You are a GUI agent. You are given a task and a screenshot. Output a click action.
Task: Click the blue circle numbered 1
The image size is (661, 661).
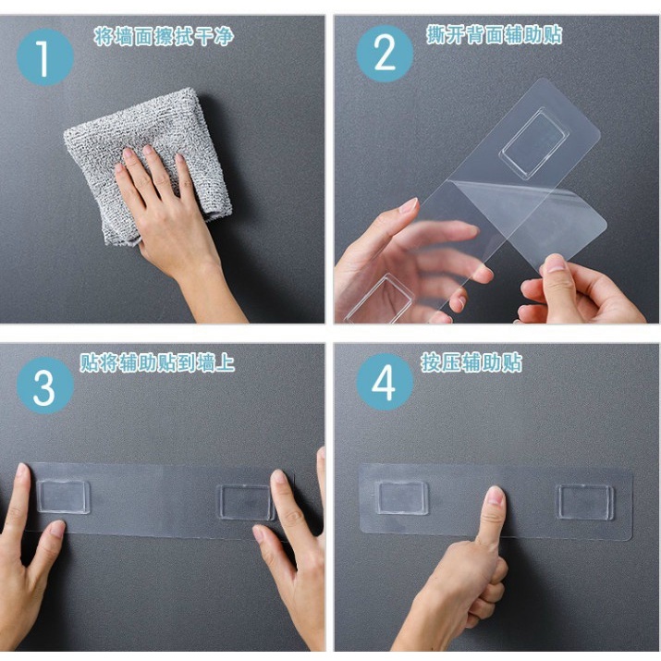pos(45,57)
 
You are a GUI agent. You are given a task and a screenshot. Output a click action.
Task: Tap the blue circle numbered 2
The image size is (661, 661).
pos(385,54)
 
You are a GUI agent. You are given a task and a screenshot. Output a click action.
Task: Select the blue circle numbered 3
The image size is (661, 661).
pos(45,386)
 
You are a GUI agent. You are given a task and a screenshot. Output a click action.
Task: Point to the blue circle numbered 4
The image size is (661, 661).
pos(385,382)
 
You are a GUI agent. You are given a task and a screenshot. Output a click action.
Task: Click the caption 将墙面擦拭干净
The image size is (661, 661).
pos(164,36)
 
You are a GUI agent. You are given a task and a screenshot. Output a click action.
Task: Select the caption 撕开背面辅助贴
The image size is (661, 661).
pos(494,34)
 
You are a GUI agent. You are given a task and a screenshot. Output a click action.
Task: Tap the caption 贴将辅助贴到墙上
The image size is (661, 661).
pos(157,363)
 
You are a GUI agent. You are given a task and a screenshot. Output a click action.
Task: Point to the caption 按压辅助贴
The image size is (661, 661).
pos(471,362)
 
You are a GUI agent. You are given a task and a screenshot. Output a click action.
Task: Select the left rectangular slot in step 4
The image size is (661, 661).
pos(401,498)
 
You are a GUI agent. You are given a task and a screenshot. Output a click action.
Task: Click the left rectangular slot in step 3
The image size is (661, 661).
pos(63,496)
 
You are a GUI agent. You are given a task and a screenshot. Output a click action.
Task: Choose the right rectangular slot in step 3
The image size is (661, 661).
pos(246,502)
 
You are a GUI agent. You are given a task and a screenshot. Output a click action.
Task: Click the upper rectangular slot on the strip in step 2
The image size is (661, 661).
pos(534,143)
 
